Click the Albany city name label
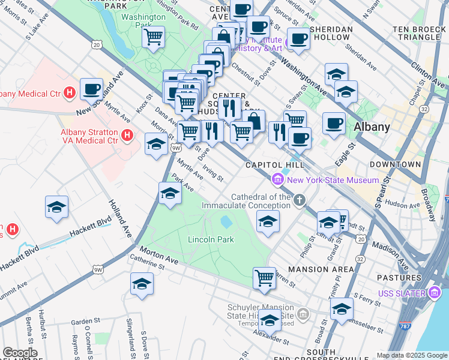[x=372, y=127]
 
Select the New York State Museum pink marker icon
[x=278, y=179]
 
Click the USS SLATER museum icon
[x=435, y=292]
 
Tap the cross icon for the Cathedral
[x=299, y=200]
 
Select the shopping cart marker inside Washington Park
[x=154, y=37]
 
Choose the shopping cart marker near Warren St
[x=264, y=278]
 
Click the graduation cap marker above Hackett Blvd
[x=57, y=207]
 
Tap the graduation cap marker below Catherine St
[x=142, y=283]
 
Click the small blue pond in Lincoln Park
[x=226, y=223]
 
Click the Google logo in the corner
[x=20, y=353]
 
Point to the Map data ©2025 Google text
[x=412, y=355]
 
